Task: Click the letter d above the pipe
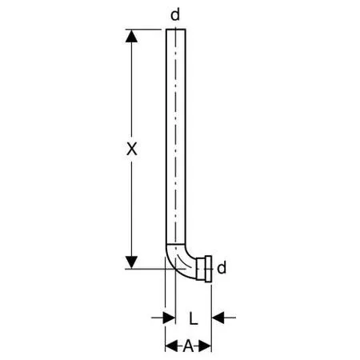pos(175,14)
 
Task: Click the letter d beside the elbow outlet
pos(222,268)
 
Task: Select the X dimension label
pos(132,149)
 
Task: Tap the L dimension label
pos(194,318)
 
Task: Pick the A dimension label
pos(188,346)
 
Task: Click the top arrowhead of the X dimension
pos(131,36)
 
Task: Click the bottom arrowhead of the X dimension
pos(131,262)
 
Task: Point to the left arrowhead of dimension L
pos(169,318)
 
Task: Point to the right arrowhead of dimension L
pos(218,318)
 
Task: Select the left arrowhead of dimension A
pos(171,346)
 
